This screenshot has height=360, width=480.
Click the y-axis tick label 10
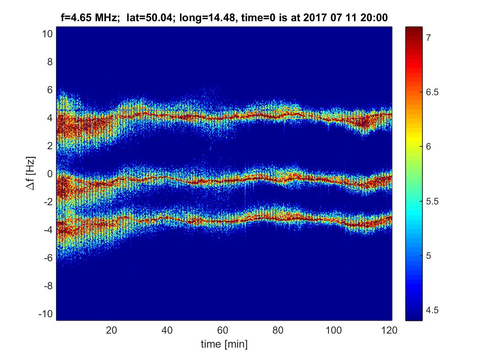pyautogui.click(x=46, y=34)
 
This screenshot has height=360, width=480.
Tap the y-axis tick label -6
pyautogui.click(x=47, y=258)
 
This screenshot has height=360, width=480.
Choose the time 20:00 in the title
pyautogui.click(x=376, y=18)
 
